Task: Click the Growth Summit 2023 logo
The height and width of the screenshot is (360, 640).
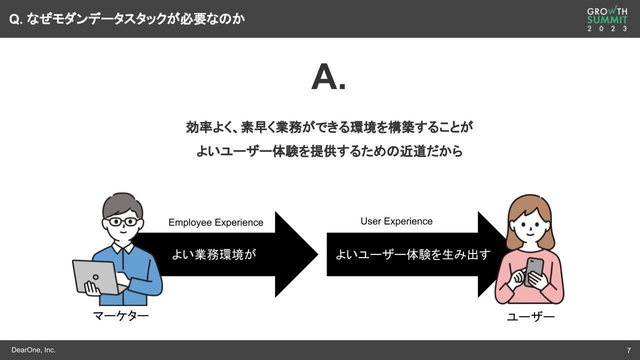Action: (607, 19)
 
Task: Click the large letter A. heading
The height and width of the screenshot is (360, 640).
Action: (328, 78)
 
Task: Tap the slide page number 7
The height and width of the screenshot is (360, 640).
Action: (628, 350)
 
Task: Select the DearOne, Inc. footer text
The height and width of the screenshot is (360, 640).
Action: (33, 350)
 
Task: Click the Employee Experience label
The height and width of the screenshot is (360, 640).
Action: (215, 222)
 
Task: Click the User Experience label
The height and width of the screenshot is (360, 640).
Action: (396, 221)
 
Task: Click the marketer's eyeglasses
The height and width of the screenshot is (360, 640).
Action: (122, 221)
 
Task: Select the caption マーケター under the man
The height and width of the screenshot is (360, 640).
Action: (121, 316)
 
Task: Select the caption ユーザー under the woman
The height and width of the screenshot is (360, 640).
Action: (530, 317)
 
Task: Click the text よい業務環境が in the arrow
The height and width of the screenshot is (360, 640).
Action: (214, 254)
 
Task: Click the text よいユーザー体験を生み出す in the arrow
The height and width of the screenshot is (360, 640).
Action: (412, 254)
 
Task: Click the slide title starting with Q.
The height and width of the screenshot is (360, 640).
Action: (127, 19)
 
